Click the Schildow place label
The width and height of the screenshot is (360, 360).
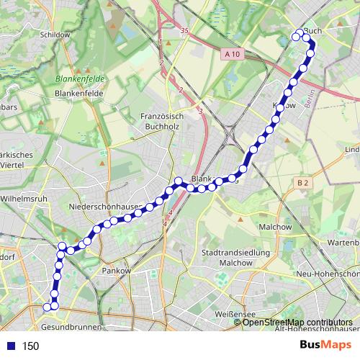55,34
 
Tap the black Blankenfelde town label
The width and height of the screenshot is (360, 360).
79,94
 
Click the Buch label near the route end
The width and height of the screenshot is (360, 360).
312,31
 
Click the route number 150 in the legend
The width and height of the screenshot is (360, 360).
30,346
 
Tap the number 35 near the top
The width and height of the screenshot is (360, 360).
184,31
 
